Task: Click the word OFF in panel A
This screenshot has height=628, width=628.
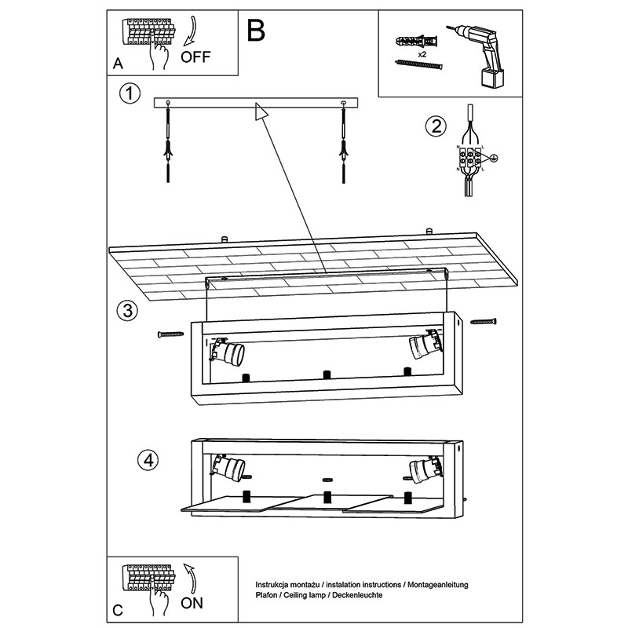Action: coord(197,57)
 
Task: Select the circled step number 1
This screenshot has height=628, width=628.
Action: coord(130,94)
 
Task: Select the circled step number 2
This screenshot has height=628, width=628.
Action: coord(436,126)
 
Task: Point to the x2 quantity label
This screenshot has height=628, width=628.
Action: coord(422,54)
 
